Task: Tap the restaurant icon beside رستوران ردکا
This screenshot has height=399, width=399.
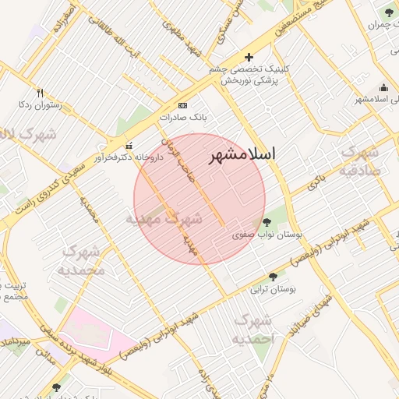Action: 41,92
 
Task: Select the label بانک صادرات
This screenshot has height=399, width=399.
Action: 182,117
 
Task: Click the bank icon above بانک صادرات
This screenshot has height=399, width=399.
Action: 182,105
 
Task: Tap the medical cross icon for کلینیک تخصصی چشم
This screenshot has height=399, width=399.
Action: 249,57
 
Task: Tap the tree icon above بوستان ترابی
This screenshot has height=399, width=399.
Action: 272,277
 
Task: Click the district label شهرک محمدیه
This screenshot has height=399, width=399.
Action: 81,261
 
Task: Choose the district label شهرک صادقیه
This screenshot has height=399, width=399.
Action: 359,161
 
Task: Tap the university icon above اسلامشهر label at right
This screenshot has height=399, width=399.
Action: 383,87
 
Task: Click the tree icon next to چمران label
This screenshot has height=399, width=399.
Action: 389,12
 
